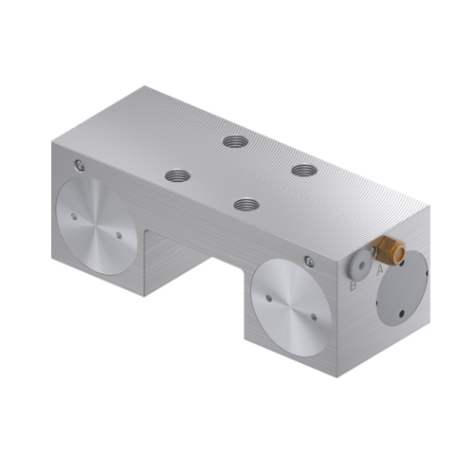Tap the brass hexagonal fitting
(387, 252)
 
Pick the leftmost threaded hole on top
(176, 175)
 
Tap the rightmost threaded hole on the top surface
(303, 171)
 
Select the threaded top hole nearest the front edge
(246, 204)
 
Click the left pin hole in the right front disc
(268, 297)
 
